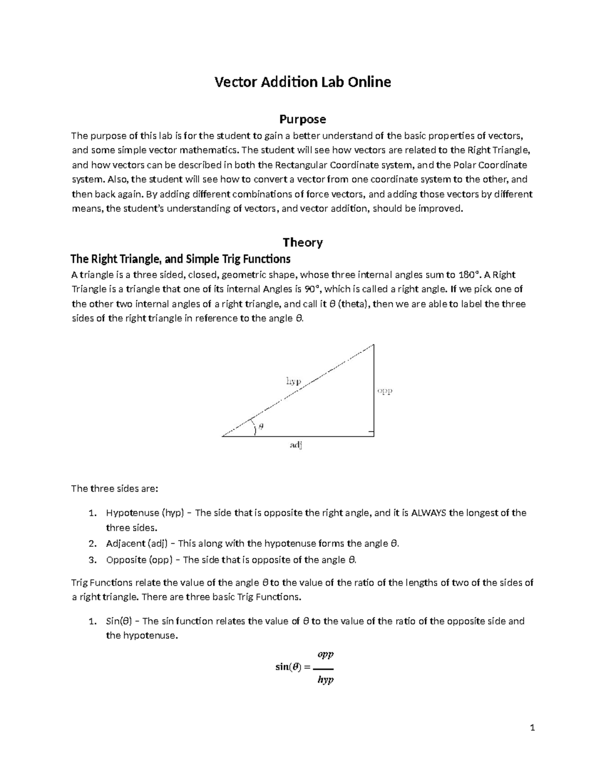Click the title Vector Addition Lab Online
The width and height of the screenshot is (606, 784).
302,82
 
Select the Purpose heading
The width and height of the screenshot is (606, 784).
302,119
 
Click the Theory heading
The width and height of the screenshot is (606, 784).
302,242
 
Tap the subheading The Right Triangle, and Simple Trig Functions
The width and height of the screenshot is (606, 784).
180,259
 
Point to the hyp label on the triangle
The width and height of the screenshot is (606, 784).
293,381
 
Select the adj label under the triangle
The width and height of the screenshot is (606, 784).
296,445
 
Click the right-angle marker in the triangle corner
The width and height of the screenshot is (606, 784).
371,433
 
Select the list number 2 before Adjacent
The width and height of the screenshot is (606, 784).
91,544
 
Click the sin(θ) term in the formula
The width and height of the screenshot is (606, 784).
288,667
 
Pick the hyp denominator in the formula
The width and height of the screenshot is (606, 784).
325,680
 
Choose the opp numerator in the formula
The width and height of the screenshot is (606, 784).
325,655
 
